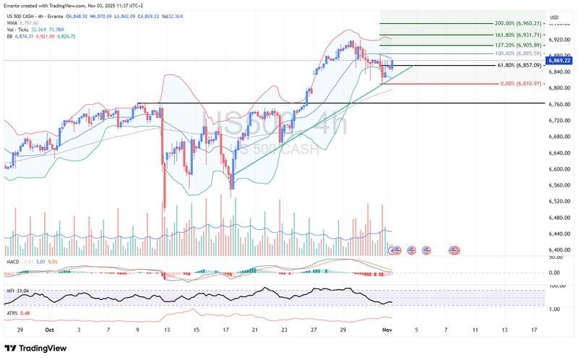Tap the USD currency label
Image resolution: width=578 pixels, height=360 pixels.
coord(554,17)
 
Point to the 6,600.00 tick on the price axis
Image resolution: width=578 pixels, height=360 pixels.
coord(558,169)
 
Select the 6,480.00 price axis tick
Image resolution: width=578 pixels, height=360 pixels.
coord(558,217)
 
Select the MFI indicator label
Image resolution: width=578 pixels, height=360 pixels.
coord(9,291)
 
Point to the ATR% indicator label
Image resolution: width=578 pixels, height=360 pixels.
coord(12,312)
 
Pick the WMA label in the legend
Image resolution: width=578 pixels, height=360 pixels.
coord(12,22)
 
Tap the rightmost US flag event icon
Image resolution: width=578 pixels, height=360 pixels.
coord(455,250)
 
